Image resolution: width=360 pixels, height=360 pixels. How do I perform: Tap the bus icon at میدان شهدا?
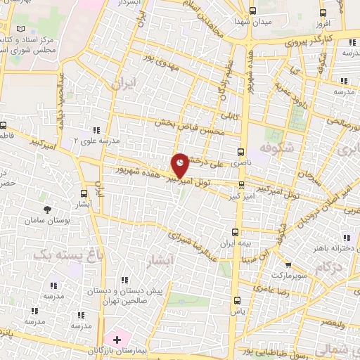pos(252,11)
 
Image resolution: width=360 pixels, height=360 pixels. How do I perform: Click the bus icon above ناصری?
pos(242,151)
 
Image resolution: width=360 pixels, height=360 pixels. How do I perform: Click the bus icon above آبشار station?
pos(84,193)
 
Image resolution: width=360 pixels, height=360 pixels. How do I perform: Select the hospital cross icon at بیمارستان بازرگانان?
pos(117,339)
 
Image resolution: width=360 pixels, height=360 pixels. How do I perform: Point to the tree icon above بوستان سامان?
pos(47,210)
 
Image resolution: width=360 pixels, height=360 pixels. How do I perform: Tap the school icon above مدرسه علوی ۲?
pos(96,130)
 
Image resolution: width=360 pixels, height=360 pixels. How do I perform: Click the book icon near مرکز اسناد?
pos(20,28)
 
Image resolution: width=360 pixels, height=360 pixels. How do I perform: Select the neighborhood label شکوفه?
pos(275,150)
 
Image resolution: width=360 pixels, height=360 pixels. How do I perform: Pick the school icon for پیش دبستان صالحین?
pos(125,281)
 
